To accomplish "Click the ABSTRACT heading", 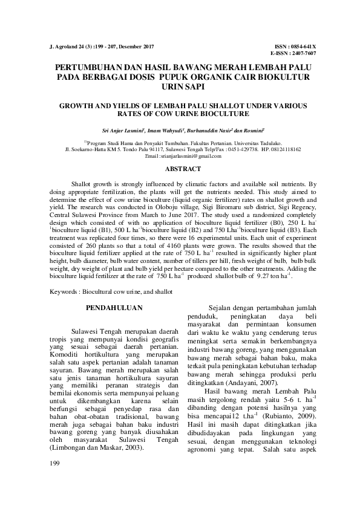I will tap(183, 170).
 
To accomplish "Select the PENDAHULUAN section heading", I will tap(114, 308).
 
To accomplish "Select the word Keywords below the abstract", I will tap(64, 292).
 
